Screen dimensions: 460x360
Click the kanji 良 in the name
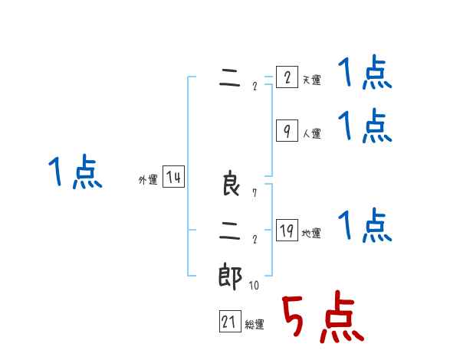(x=231, y=185)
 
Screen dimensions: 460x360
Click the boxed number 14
(x=173, y=178)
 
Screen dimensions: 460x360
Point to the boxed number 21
(x=229, y=322)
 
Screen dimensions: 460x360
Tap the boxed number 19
(x=286, y=231)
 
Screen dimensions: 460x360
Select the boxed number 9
(x=286, y=132)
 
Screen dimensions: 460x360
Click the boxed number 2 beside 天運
(x=286, y=78)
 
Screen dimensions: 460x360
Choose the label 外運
(x=148, y=180)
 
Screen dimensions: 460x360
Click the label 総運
(x=255, y=325)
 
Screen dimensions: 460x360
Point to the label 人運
(x=311, y=134)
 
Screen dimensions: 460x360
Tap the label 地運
(x=311, y=234)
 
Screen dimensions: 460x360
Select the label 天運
(x=311, y=80)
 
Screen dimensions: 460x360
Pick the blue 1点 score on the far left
(x=75, y=172)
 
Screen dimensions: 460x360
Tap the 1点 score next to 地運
(x=365, y=226)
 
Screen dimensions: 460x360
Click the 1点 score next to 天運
(x=365, y=75)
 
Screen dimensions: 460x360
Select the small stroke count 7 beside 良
(x=254, y=193)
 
